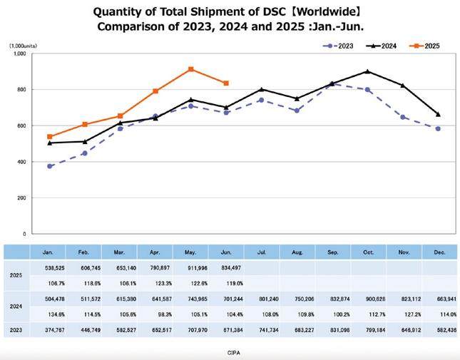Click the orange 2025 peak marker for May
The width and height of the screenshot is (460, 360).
pyautogui.click(x=191, y=69)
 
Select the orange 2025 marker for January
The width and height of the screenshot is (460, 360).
pyautogui.click(x=49, y=136)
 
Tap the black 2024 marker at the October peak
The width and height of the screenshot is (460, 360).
pyautogui.click(x=367, y=71)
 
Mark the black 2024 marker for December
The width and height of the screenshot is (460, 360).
pyautogui.click(x=438, y=114)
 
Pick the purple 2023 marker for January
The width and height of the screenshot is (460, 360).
pyautogui.click(x=49, y=166)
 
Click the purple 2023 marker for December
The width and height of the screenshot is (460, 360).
pyautogui.click(x=438, y=128)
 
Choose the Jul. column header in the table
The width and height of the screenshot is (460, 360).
pyautogui.click(x=262, y=252)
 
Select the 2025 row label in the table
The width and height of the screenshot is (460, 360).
pyautogui.click(x=14, y=275)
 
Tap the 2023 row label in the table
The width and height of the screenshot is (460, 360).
pyautogui.click(x=14, y=329)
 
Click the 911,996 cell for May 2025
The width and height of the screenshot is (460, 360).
pyautogui.click(x=190, y=268)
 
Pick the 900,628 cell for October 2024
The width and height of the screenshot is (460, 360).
pyautogui.click(x=367, y=299)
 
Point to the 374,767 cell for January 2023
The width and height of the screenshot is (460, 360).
pyautogui.click(x=48, y=329)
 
